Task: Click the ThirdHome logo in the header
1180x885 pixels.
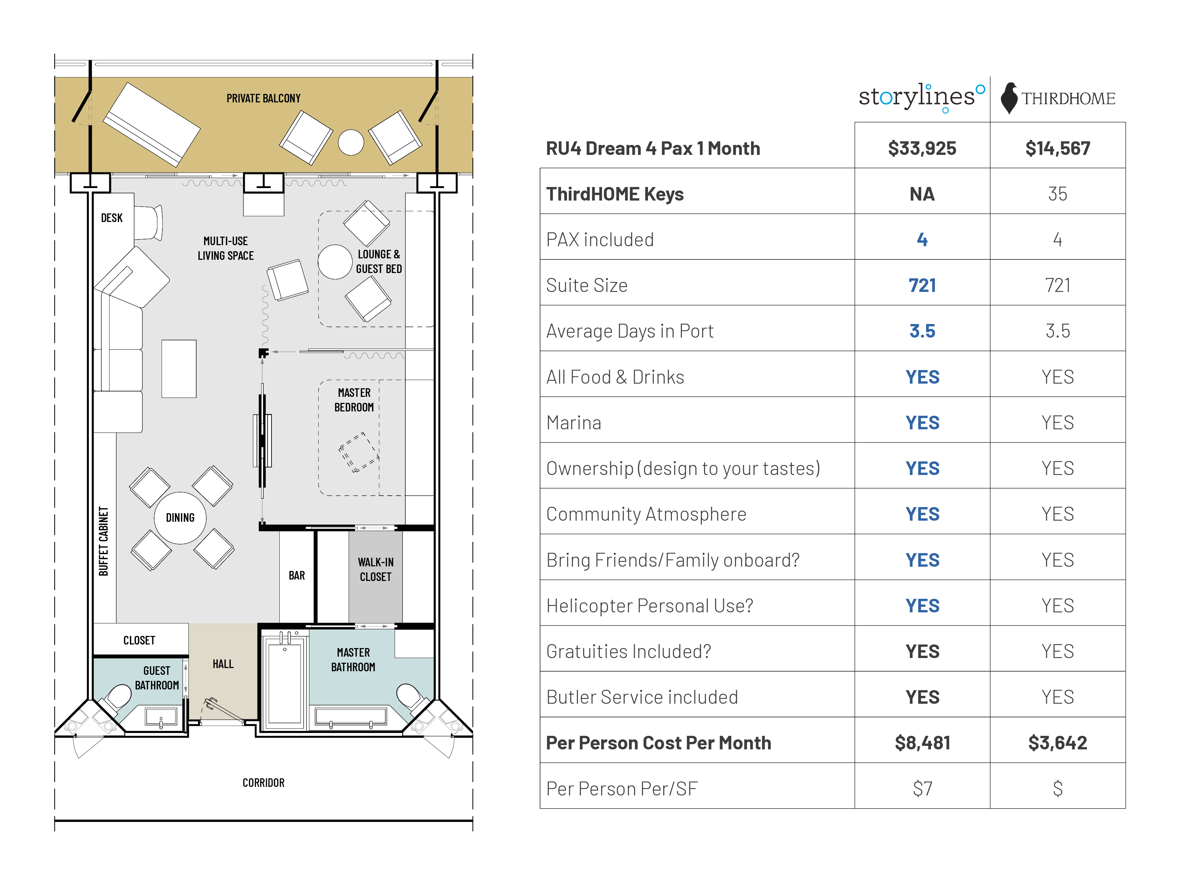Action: tap(1058, 98)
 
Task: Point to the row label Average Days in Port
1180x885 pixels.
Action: tap(629, 331)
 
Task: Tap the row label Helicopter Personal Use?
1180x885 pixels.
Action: tap(649, 606)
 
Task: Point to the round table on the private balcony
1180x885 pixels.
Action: tap(351, 142)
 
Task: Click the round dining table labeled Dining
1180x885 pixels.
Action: tap(180, 517)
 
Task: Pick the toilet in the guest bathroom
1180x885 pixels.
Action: tap(118, 696)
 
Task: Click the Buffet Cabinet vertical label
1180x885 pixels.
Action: tap(103, 541)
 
